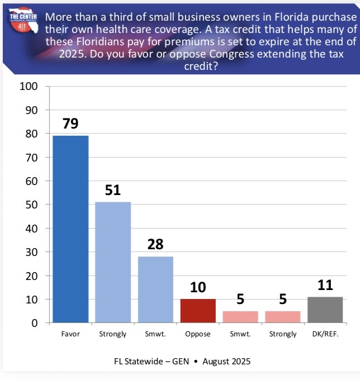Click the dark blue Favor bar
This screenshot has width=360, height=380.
tap(70, 229)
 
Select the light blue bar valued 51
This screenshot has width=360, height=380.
tap(113, 262)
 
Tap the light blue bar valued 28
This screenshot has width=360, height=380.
tap(155, 289)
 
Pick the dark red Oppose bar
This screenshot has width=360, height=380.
tap(198, 311)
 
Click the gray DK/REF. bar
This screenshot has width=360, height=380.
tap(325, 310)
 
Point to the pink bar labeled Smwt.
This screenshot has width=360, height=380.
tap(240, 317)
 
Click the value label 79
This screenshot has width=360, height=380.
tap(70, 124)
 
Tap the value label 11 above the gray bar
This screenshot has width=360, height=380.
tap(325, 286)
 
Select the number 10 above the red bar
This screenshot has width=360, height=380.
tap(198, 288)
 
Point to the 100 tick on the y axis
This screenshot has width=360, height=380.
tap(28, 87)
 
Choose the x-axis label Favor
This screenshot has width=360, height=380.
tap(70, 334)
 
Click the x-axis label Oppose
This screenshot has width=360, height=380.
tap(198, 334)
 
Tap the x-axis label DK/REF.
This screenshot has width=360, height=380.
tap(325, 334)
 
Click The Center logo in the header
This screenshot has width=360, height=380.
tap(21, 21)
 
